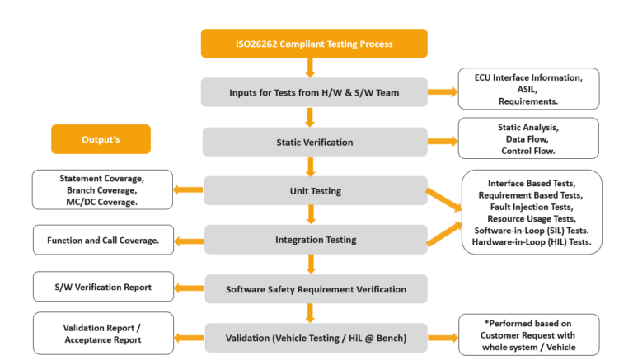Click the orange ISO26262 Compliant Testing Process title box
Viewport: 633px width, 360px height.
314,44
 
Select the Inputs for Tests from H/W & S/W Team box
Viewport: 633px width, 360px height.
314,92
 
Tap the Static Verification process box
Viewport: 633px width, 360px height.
314,142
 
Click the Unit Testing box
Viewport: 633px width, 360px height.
314,190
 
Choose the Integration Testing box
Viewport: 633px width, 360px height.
314,240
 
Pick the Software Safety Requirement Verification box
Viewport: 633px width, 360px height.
314,289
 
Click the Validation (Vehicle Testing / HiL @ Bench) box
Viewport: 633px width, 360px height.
314,337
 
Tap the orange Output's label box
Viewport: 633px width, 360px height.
101,139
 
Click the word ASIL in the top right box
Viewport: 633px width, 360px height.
528,89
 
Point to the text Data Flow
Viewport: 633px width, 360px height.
528,139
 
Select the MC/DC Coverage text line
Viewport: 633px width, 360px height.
103,201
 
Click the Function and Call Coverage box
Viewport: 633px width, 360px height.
103,240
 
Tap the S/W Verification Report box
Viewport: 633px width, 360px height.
103,287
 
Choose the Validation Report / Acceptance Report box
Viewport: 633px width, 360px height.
103,333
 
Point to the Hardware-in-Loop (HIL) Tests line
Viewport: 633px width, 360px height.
532,242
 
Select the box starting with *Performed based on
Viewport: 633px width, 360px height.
528,334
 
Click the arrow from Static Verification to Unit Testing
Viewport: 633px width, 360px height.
311,166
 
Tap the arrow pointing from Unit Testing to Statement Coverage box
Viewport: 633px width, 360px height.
188,190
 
